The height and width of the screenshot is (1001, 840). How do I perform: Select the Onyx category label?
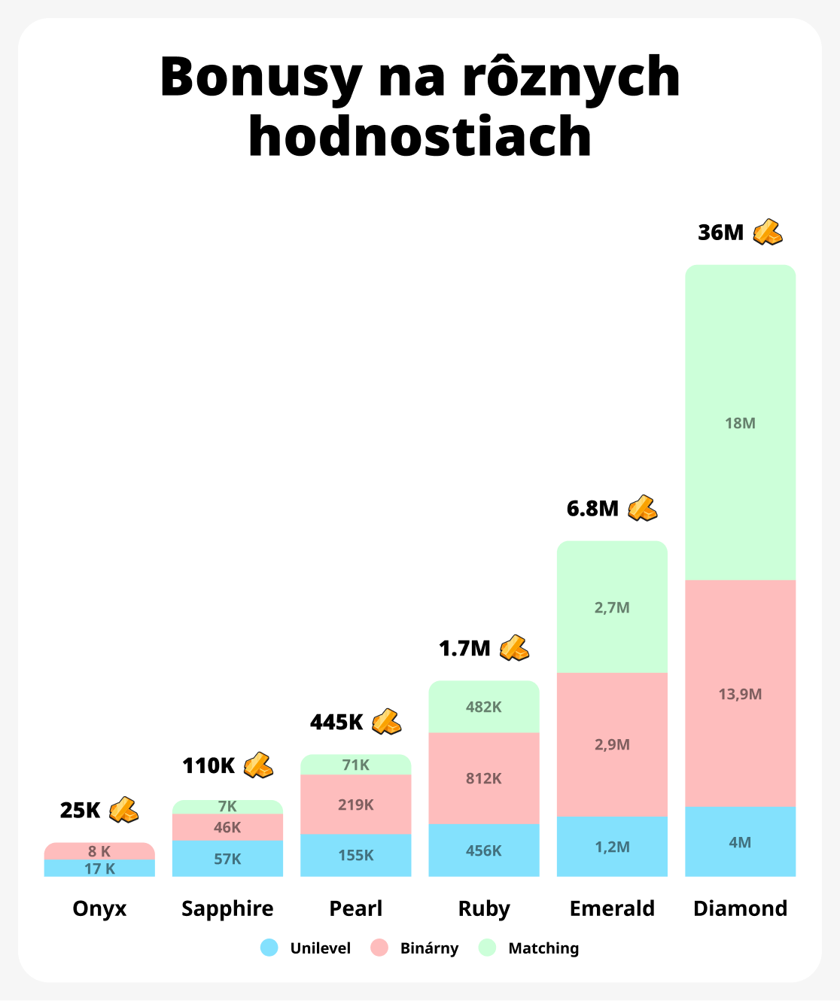point(99,908)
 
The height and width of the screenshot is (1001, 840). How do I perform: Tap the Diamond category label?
point(740,908)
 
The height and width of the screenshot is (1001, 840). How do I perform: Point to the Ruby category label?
point(484,908)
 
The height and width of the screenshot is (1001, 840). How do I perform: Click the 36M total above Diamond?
point(720,233)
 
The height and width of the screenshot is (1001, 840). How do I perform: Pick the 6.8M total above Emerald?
point(592,509)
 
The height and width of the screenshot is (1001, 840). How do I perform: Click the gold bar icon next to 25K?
point(124,810)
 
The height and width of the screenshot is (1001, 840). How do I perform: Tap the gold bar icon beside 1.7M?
point(515,648)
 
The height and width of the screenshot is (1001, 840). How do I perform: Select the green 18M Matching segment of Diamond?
point(740,423)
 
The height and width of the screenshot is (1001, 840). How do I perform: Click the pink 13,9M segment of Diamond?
point(740,694)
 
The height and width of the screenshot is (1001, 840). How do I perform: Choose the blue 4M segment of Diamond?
point(740,842)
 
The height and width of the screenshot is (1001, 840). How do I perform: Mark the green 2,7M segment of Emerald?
point(612,607)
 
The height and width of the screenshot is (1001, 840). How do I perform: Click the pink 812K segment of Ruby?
point(484,778)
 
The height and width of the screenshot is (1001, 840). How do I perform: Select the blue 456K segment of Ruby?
point(484,850)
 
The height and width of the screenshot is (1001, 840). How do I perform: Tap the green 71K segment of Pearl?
point(356,765)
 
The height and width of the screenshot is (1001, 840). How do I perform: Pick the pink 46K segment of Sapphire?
point(227,827)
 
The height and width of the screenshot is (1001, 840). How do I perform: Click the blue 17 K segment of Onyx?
point(99,869)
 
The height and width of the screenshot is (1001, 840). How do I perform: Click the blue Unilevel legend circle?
point(269,948)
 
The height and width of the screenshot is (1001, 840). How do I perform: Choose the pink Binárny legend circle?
point(379,948)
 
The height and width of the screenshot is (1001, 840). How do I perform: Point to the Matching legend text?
point(543,948)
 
